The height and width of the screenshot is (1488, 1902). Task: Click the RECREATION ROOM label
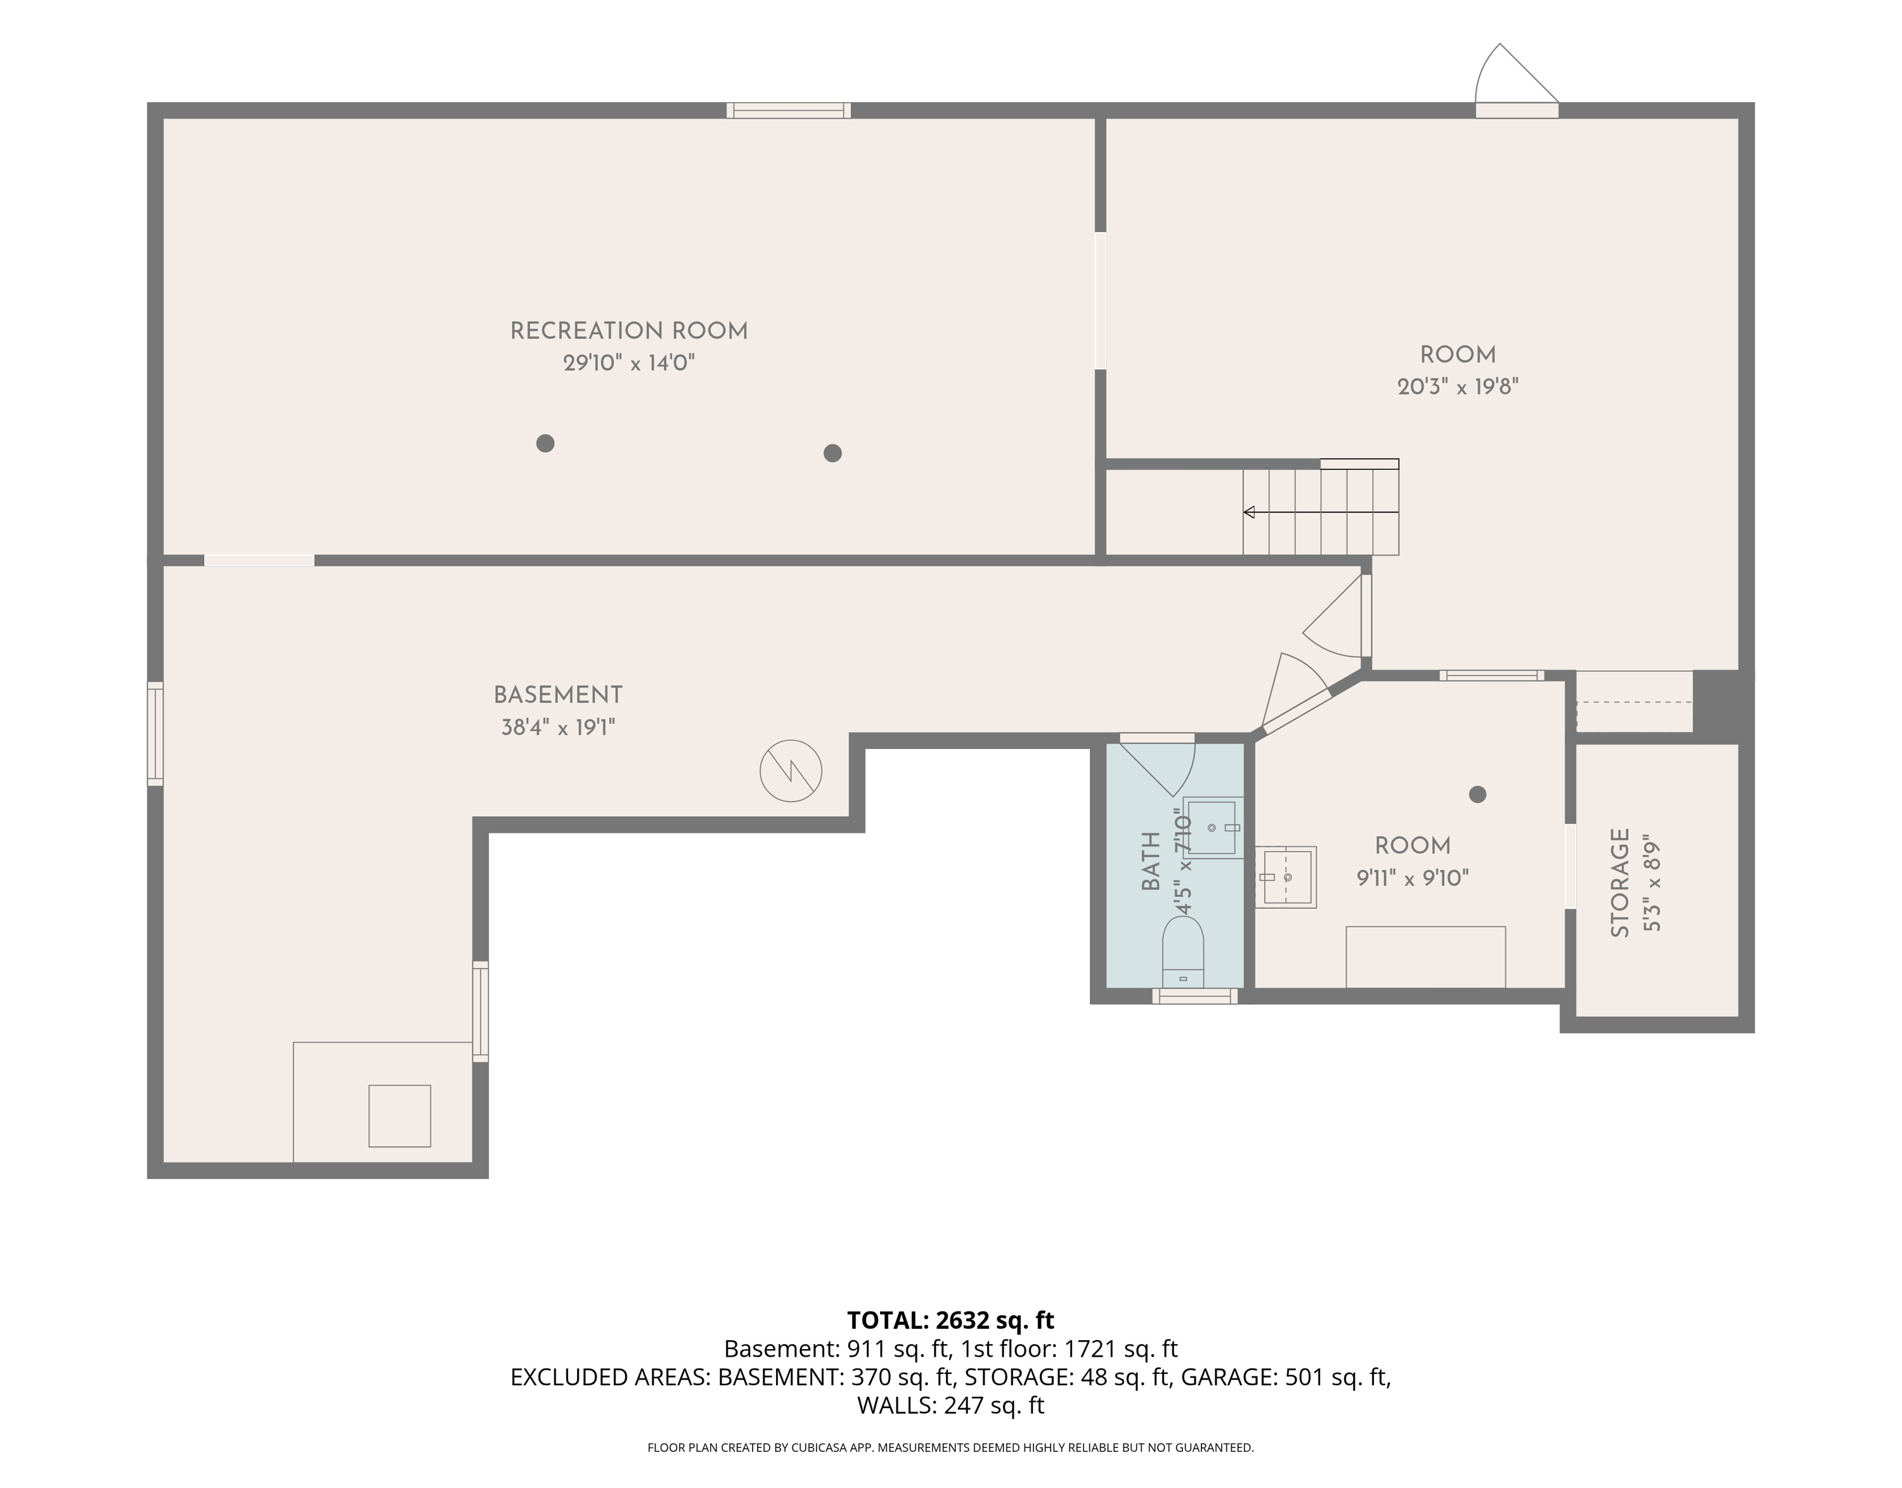[629, 331]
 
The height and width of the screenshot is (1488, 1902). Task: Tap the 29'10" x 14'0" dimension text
[629, 362]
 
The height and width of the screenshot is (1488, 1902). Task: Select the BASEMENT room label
[558, 695]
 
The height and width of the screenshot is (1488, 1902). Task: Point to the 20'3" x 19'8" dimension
[1458, 386]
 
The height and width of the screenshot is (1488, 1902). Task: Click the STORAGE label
[1620, 882]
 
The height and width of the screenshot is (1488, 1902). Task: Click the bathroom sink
[1212, 828]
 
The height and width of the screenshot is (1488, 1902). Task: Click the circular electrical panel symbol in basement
[791, 771]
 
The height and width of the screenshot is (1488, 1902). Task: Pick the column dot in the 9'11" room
[1477, 795]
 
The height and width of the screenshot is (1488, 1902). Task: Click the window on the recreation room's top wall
[788, 110]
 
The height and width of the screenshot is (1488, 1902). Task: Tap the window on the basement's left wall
[155, 734]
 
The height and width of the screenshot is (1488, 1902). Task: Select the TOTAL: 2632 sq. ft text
[951, 1321]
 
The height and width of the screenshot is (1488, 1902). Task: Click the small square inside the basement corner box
[399, 1116]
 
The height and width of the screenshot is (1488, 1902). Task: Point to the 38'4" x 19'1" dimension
[558, 727]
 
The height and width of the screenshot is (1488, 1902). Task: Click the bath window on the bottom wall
[1195, 996]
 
